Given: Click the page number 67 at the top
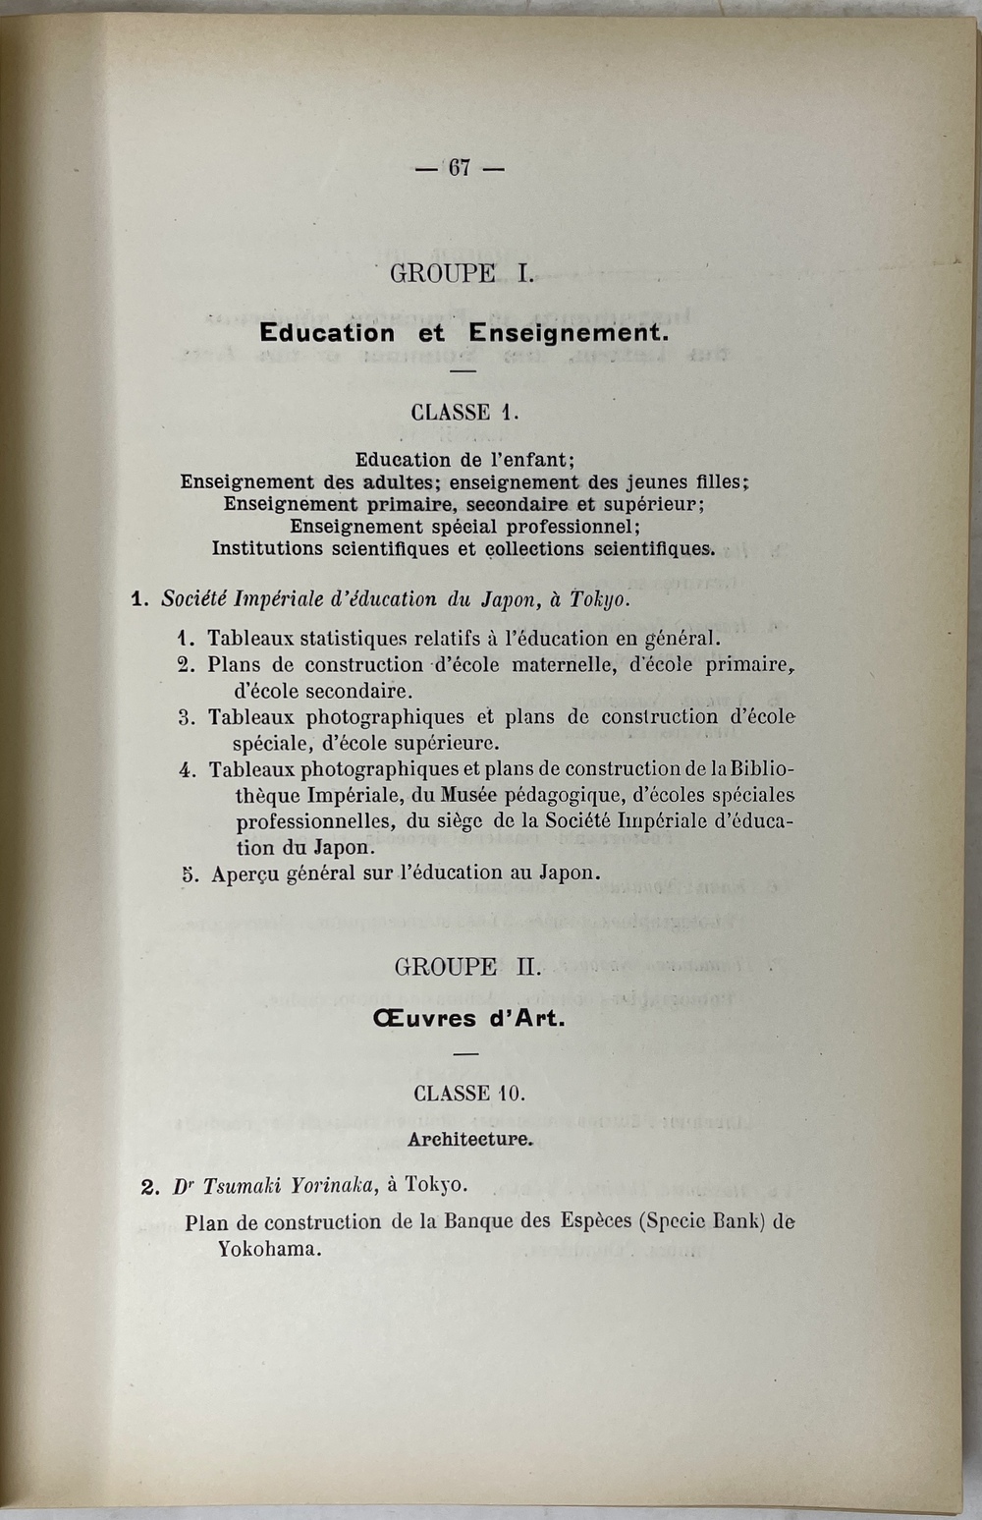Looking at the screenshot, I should click(460, 168).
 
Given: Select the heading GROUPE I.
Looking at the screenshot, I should click(462, 273).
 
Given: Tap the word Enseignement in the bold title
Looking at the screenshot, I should click(568, 333).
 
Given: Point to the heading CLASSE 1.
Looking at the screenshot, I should click(463, 413).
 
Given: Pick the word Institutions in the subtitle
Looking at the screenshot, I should click(271, 548).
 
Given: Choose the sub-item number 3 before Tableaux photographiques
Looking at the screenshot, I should click(186, 717).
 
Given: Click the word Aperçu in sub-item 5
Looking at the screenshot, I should click(245, 873).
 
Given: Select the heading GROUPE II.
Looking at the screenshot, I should click(467, 967).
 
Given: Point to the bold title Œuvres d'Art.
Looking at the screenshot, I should click(468, 1018).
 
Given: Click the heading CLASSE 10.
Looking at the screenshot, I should click(468, 1094).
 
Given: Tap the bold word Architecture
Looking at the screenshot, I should click(469, 1140).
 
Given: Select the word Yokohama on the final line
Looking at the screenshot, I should click(270, 1250).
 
